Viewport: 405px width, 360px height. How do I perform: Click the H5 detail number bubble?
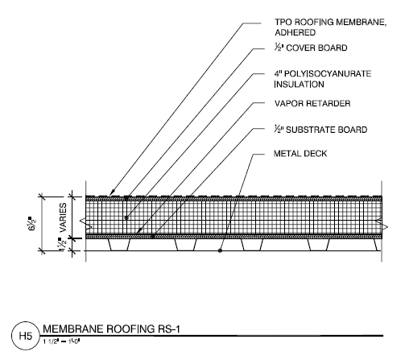pyautogui.click(x=26, y=336)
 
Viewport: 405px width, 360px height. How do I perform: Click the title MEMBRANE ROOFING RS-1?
pyautogui.click(x=111, y=329)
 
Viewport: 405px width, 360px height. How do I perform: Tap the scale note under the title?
pyautogui.click(x=61, y=341)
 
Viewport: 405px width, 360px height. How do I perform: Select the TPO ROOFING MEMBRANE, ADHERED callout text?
pyautogui.click(x=330, y=27)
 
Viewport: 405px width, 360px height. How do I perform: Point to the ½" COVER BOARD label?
pyautogui.click(x=311, y=48)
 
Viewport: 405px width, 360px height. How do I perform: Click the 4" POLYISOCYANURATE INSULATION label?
pyautogui.click(x=323, y=79)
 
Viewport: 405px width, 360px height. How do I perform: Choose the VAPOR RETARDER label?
pyautogui.click(x=312, y=103)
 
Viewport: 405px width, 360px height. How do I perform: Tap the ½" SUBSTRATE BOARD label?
pyautogui.click(x=320, y=130)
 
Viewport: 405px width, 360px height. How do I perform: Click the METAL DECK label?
pyautogui.click(x=300, y=153)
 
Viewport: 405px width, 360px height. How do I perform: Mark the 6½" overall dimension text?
pyautogui.click(x=32, y=224)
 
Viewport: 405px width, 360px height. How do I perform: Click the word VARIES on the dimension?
pyautogui.click(x=63, y=217)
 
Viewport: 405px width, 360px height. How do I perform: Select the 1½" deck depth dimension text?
pyautogui.click(x=62, y=244)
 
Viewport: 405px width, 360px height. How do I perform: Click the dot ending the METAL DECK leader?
pyautogui.click(x=220, y=250)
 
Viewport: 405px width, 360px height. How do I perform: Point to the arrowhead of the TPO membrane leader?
pyautogui.click(x=112, y=192)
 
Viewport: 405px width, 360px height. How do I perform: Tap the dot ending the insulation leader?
pyautogui.click(x=126, y=217)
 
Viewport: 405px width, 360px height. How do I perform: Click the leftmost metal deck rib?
pyautogui.click(x=119, y=245)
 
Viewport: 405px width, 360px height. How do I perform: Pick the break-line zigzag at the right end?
pyautogui.click(x=382, y=224)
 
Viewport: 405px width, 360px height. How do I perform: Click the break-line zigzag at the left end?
pyautogui.click(x=86, y=224)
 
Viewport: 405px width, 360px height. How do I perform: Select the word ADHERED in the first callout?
pyautogui.click(x=295, y=32)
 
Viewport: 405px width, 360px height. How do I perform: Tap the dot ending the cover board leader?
pyautogui.click(x=126, y=198)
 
